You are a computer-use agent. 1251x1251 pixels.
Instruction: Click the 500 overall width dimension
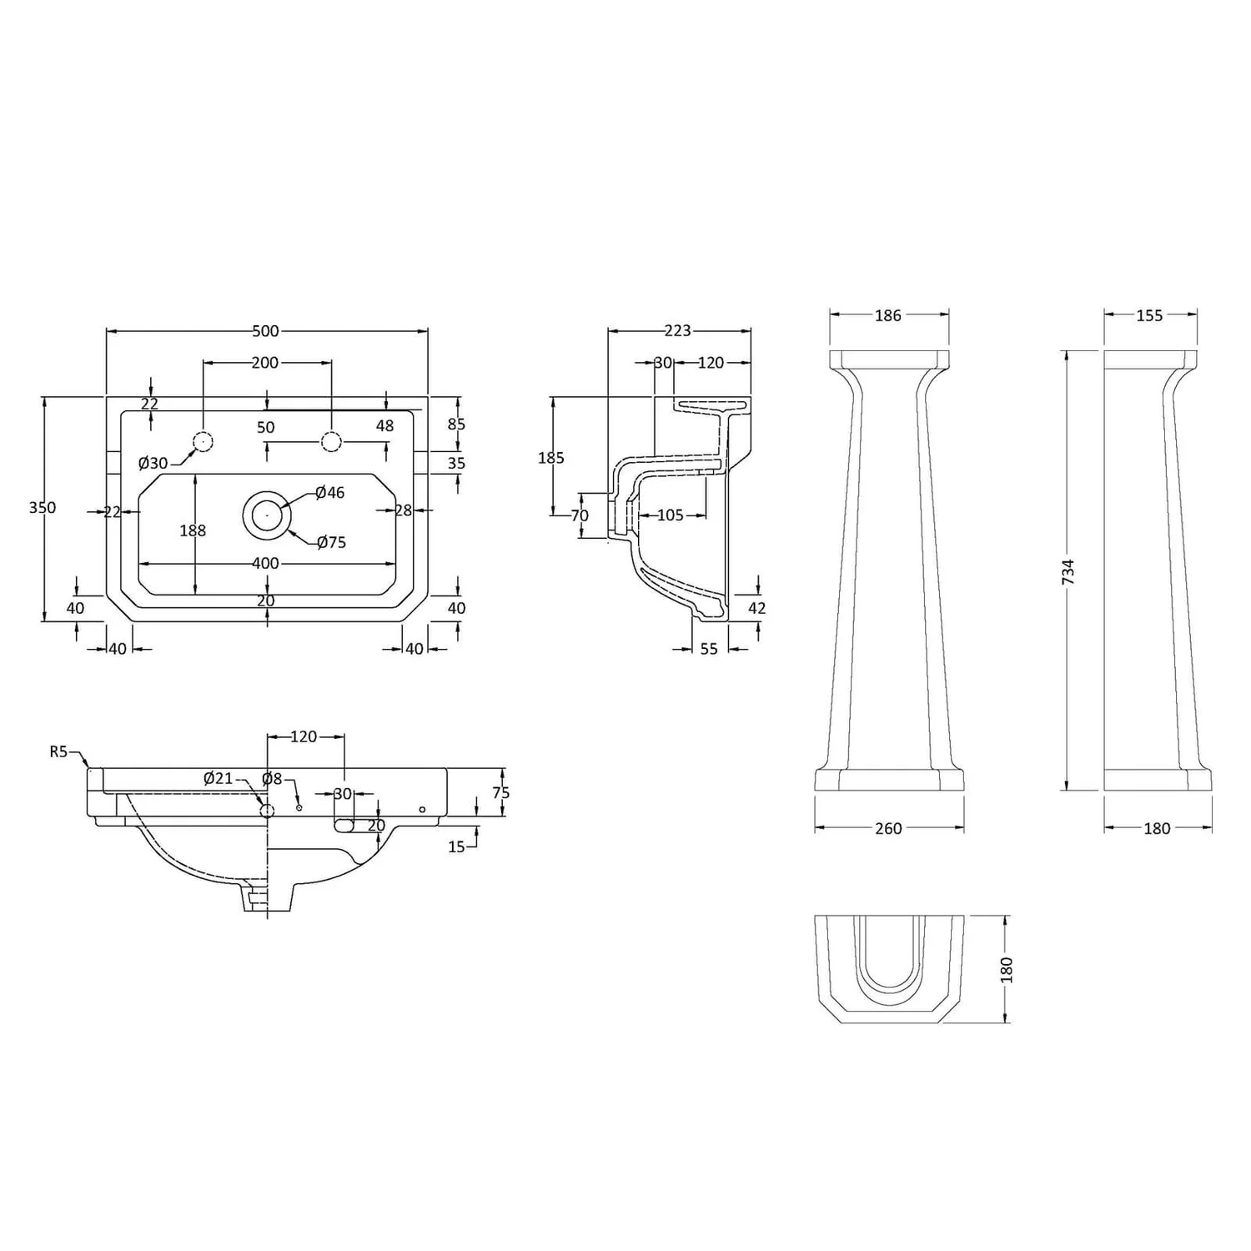click(x=265, y=331)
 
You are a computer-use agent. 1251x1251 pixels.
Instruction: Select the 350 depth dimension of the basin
click(x=43, y=507)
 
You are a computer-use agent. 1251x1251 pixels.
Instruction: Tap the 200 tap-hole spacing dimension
click(x=265, y=363)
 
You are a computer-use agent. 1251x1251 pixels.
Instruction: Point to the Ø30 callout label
click(x=153, y=464)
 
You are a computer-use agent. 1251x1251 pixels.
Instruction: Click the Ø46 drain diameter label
click(x=330, y=493)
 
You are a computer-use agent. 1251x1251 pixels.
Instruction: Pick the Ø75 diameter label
click(x=331, y=542)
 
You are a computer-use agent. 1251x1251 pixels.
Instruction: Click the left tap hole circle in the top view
click(x=203, y=441)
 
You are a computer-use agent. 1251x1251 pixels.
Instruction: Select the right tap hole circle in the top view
click(x=331, y=441)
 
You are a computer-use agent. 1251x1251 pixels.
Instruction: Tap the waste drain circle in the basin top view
click(x=267, y=515)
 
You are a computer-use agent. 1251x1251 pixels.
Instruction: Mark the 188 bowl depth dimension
click(x=193, y=530)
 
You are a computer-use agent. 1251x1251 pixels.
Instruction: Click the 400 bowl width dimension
click(x=265, y=564)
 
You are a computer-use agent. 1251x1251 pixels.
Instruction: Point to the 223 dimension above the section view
click(x=677, y=331)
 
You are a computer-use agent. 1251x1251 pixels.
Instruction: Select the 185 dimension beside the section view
click(x=551, y=458)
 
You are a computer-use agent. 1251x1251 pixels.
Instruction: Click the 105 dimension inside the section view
click(x=670, y=515)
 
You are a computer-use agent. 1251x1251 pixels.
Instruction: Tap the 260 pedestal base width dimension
click(x=888, y=828)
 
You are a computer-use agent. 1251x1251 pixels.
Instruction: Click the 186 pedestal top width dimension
click(x=888, y=315)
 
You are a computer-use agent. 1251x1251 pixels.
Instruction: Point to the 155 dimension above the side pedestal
click(x=1149, y=315)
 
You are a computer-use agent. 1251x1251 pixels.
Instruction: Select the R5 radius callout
click(x=58, y=751)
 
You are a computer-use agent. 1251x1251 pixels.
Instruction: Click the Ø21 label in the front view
click(x=219, y=778)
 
